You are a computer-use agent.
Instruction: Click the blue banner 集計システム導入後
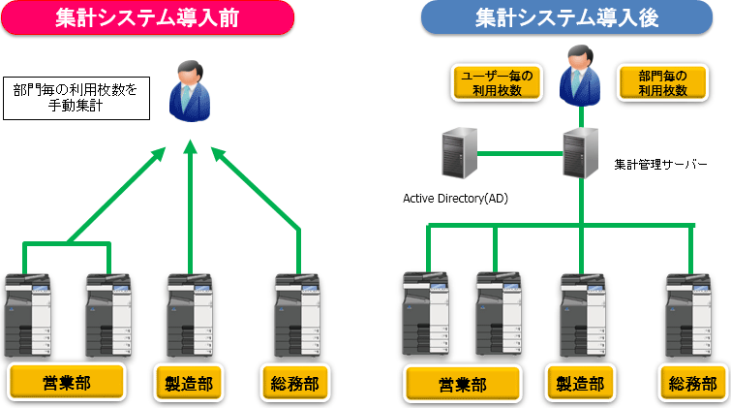[x=566, y=17]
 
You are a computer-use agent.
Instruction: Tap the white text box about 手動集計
[x=76, y=97]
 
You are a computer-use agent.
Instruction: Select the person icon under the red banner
[x=190, y=89]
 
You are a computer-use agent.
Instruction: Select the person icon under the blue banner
[x=579, y=74]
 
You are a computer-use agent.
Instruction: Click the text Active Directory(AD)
[x=455, y=199]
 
